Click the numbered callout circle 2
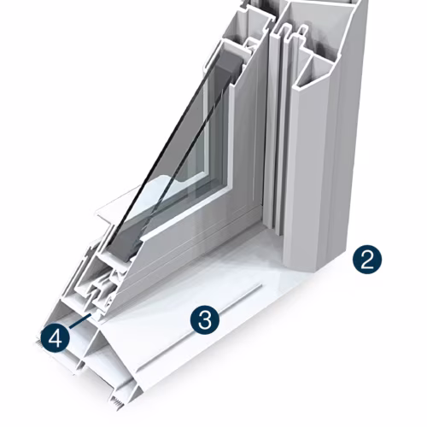(x=367, y=260)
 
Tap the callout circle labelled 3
(x=205, y=320)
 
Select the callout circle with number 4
(x=55, y=339)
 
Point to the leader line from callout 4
(x=80, y=321)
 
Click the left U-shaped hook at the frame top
(x=287, y=32)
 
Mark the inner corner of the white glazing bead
(x=229, y=190)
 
